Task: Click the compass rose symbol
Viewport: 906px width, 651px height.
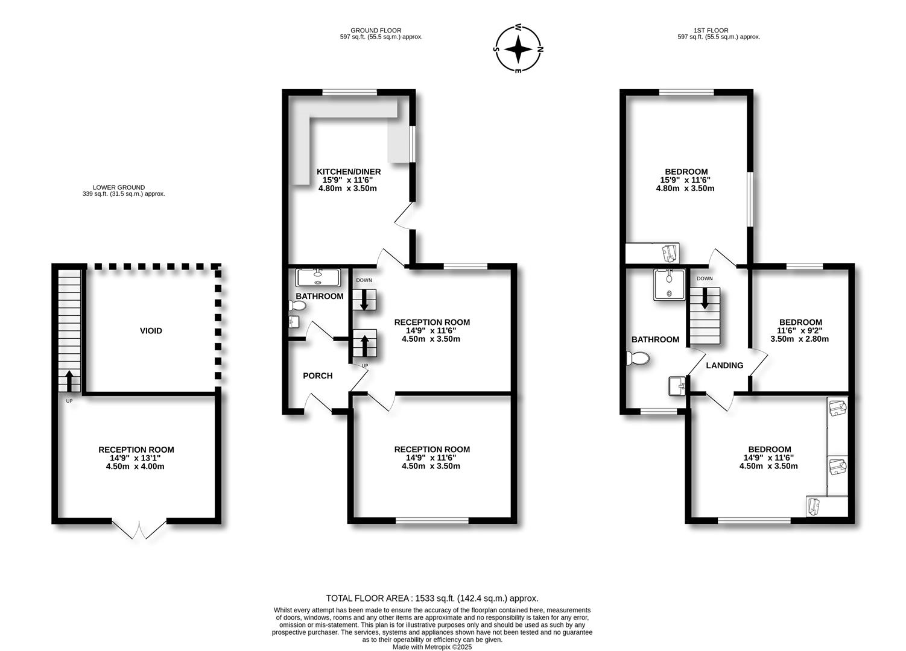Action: [x=518, y=49]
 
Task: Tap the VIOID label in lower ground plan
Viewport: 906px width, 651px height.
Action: [x=151, y=331]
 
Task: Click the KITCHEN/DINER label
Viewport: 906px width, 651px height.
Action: [x=349, y=172]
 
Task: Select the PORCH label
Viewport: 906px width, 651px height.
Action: [x=318, y=376]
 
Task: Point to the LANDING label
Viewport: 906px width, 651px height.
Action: [x=724, y=365]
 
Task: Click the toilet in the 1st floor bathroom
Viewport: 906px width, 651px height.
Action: [x=638, y=359]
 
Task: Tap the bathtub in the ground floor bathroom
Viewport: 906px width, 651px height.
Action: [x=318, y=277]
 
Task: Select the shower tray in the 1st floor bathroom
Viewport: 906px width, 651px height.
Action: [x=669, y=284]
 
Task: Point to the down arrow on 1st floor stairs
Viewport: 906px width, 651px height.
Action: [x=705, y=299]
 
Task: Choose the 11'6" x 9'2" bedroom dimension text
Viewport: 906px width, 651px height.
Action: [x=800, y=331]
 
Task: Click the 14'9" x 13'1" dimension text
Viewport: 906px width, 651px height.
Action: [x=136, y=458]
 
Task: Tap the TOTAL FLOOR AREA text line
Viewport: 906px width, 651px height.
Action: [x=432, y=599]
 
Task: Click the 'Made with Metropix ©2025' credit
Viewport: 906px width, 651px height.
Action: [x=432, y=647]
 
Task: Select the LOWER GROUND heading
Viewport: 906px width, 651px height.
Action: [x=119, y=187]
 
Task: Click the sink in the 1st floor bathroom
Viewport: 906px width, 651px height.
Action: [x=676, y=386]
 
